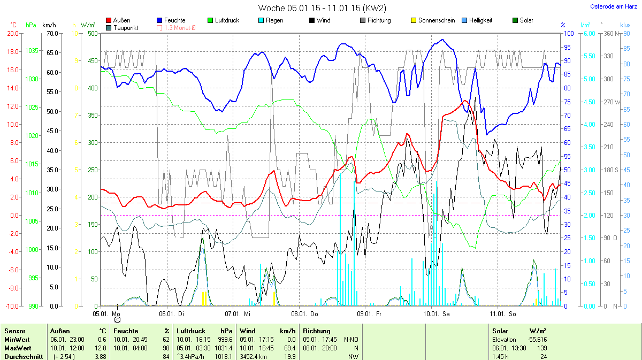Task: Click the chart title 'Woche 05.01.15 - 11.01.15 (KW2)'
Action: pos(322,8)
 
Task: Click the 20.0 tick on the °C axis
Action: pos(12,33)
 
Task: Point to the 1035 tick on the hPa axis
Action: pos(32,51)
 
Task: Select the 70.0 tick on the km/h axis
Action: pos(51,33)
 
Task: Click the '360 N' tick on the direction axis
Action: pos(608,33)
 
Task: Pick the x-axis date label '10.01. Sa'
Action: pos(436,314)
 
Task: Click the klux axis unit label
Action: pos(625,25)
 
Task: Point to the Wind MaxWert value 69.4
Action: pos(290,348)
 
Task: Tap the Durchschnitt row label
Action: pos(23,357)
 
